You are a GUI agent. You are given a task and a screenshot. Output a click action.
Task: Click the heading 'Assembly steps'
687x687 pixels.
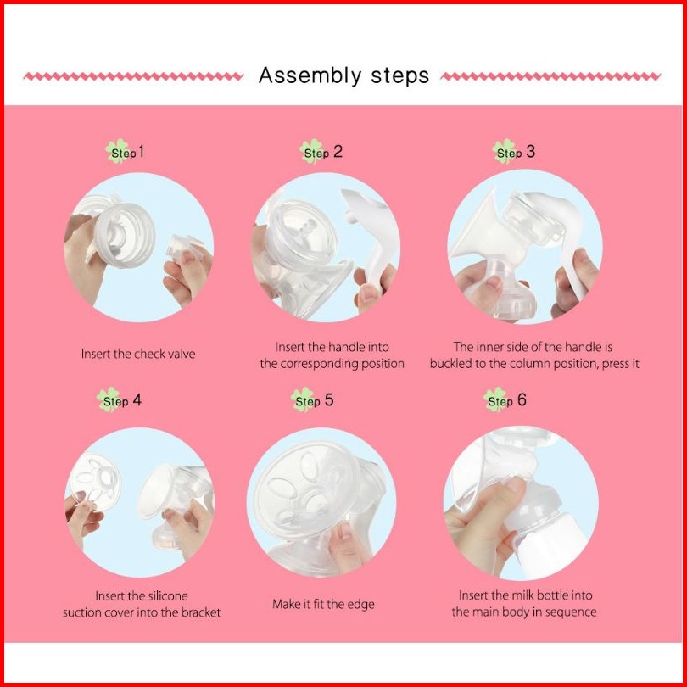(343, 75)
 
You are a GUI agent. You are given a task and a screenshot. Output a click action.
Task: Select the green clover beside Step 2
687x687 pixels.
(311, 152)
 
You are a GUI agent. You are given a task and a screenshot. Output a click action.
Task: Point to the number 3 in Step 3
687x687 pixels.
(530, 152)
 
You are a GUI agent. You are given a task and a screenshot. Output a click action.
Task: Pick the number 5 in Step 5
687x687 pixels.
(328, 400)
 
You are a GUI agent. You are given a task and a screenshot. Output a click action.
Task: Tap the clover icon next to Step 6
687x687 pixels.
(495, 399)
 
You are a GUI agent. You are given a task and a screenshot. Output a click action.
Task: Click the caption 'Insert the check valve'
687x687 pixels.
(138, 354)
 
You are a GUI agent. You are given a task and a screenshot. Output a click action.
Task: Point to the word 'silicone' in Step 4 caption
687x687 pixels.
(168, 596)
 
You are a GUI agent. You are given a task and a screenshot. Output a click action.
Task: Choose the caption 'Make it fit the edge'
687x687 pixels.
(323, 604)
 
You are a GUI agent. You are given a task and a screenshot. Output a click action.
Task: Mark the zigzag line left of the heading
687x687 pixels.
(133, 76)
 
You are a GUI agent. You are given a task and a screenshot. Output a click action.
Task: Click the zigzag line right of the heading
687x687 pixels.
(550, 76)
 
